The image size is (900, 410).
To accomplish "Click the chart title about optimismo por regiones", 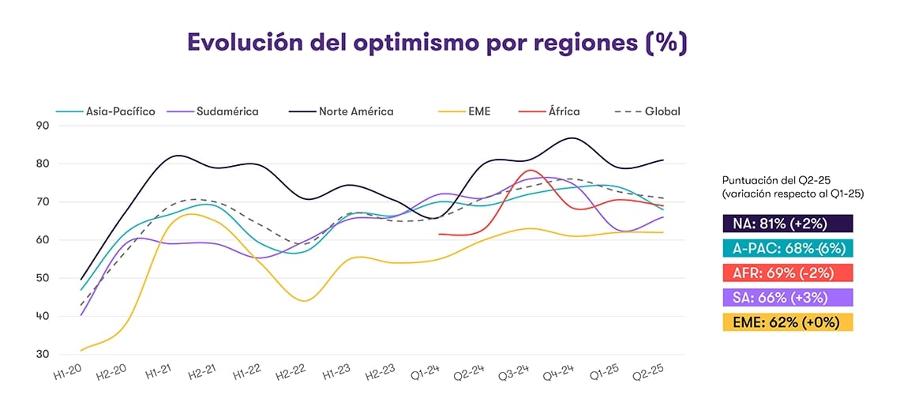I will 437,43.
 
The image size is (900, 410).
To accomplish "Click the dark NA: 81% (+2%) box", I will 787,224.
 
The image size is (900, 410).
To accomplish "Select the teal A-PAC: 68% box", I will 787,248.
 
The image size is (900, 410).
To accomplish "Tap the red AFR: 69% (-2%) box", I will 787,273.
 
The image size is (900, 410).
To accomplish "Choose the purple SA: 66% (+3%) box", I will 787,297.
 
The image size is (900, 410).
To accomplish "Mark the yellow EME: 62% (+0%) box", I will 787,322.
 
